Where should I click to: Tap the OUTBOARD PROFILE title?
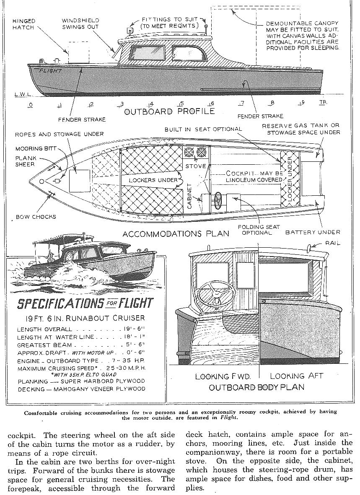(x=170, y=111)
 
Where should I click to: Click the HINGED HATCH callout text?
(x=24, y=24)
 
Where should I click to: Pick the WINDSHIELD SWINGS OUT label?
(x=80, y=23)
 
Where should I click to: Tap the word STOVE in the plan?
(x=196, y=166)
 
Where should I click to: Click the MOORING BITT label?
(x=34, y=148)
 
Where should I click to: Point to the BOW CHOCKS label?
(x=36, y=217)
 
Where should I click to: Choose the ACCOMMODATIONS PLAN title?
(x=176, y=233)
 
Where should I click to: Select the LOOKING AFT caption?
(x=297, y=376)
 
